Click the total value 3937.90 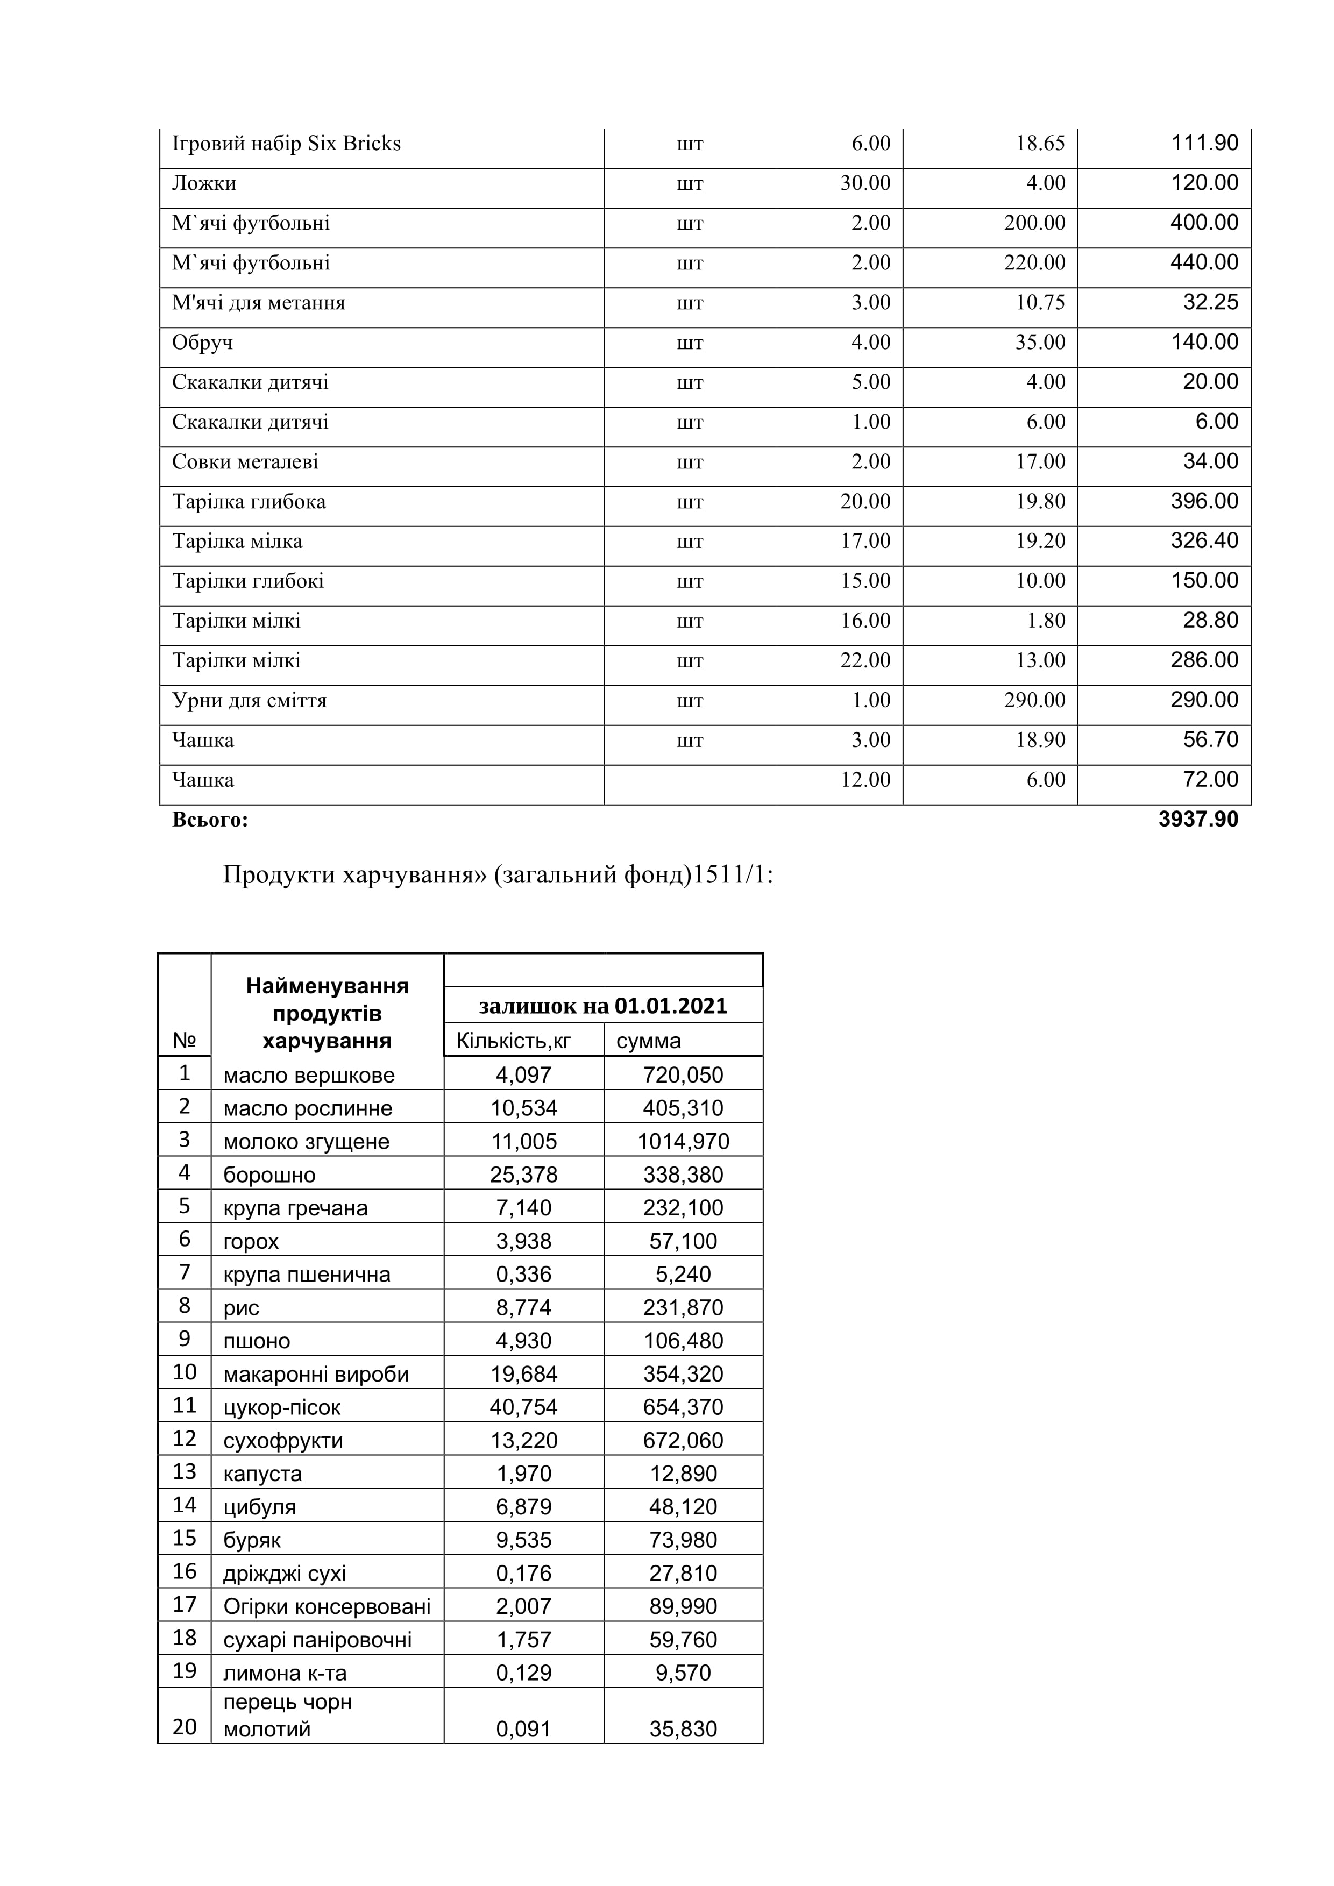(x=1198, y=819)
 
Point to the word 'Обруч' (x=202, y=343)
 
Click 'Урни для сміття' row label (x=249, y=701)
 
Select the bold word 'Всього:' (x=210, y=820)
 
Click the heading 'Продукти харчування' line (x=498, y=875)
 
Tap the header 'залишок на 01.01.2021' (x=603, y=1006)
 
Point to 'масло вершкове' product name (x=309, y=1074)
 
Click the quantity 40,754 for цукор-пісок (x=523, y=1407)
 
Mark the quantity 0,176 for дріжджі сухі (x=523, y=1573)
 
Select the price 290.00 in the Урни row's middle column (x=1034, y=701)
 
